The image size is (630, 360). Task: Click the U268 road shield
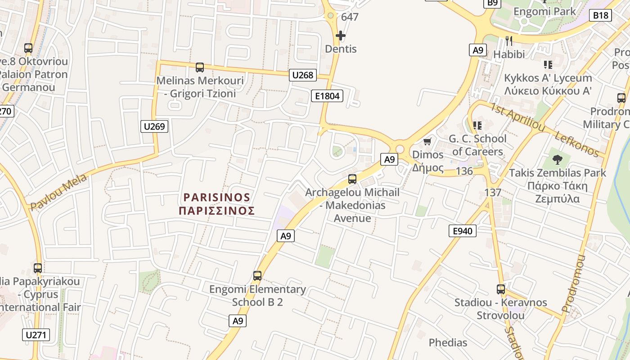pyautogui.click(x=302, y=75)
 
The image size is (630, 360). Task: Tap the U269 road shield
pyautogui.click(x=154, y=126)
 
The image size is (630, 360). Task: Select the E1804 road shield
pyautogui.click(x=327, y=95)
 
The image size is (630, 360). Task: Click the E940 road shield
pyautogui.click(x=463, y=231)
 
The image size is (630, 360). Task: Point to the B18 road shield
pyautogui.click(x=600, y=15)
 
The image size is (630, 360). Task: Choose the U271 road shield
pyautogui.click(x=36, y=335)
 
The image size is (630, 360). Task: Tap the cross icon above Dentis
pyautogui.click(x=341, y=35)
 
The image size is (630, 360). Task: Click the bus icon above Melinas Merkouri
pyautogui.click(x=200, y=67)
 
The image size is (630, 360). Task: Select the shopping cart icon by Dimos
pyautogui.click(x=427, y=142)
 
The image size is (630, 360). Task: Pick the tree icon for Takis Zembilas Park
pyautogui.click(x=557, y=159)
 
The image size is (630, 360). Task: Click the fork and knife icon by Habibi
pyautogui.click(x=509, y=41)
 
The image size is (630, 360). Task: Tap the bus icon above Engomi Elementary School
pyautogui.click(x=257, y=276)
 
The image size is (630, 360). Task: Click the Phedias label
pyautogui.click(x=448, y=342)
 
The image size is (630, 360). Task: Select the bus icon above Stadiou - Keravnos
pyautogui.click(x=501, y=289)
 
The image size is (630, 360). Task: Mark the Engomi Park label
pyautogui.click(x=544, y=11)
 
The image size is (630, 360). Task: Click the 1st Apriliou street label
pyautogui.click(x=517, y=117)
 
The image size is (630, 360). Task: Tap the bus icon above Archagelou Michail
pyautogui.click(x=352, y=179)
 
